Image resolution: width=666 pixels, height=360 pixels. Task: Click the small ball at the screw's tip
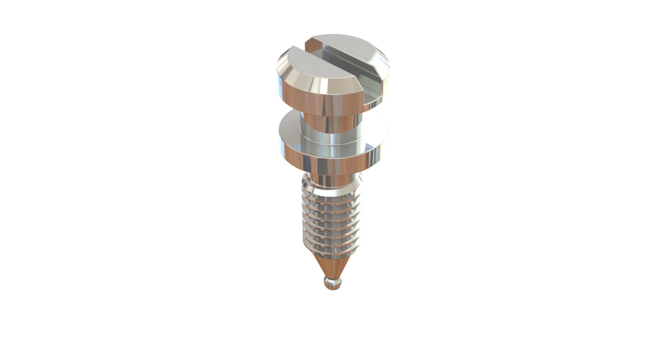point(333,283)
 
